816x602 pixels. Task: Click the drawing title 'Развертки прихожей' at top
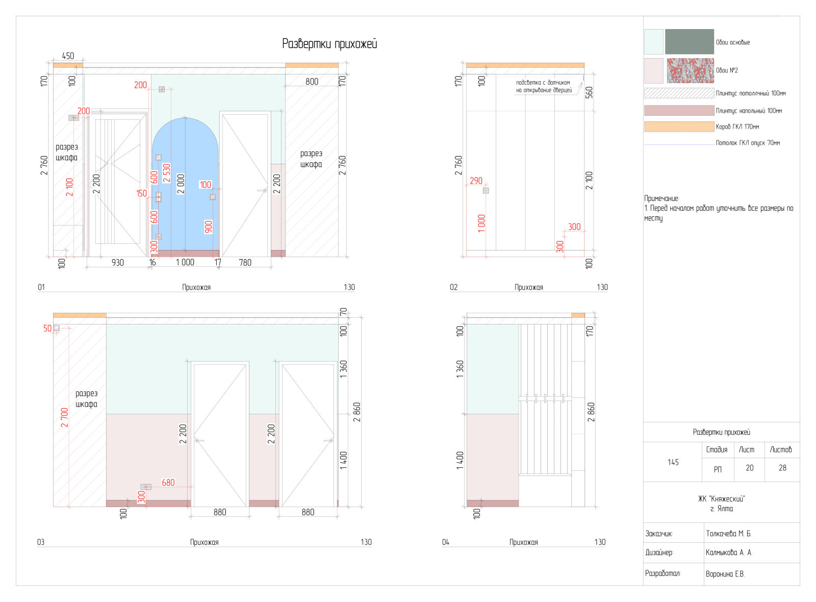[329, 44]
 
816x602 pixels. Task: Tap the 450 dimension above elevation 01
[68, 56]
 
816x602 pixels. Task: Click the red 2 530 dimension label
[167, 173]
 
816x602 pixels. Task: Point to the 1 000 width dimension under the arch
[185, 262]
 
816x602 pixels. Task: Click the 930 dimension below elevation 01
[118, 262]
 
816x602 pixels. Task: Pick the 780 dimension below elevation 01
[245, 262]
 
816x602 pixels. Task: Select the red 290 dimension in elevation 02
[476, 181]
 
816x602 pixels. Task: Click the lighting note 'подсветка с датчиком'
[543, 83]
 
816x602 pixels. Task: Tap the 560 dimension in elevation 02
[590, 92]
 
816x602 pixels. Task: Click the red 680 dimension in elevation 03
[168, 482]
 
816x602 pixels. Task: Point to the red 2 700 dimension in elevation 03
[65, 417]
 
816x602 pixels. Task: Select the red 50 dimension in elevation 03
[47, 328]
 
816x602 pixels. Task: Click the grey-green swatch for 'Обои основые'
[689, 42]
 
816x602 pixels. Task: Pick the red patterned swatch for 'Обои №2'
[690, 70]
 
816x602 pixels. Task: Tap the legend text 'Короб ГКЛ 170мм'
[737, 127]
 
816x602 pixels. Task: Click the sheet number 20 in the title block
[749, 468]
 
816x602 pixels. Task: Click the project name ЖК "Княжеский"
[722, 499]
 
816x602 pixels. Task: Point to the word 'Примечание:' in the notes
[661, 198]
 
